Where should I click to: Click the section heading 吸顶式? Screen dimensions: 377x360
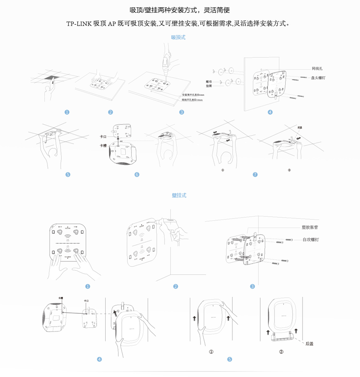pos(178,37)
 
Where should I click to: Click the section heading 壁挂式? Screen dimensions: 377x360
pos(179,195)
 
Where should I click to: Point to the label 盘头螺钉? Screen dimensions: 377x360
pos(318,78)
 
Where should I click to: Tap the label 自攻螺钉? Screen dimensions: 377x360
pos(311,239)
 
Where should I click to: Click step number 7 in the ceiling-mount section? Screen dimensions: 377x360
pos(255,174)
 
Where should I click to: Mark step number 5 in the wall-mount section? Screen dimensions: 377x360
pos(230,359)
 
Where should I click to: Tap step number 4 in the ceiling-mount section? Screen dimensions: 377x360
pos(270,112)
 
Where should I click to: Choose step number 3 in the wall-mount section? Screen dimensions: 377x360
pos(252,286)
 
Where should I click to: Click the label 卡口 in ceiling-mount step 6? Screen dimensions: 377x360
pos(103,137)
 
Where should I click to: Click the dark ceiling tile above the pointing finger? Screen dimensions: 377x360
pos(51,78)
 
